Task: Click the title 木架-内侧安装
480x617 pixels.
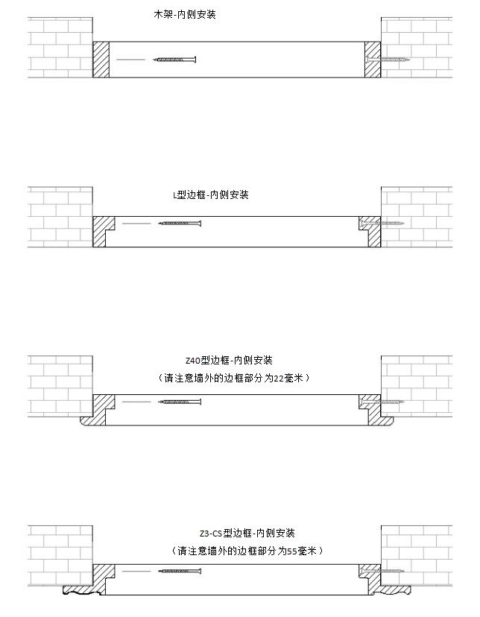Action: pos(185,15)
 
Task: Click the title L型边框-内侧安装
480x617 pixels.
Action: pos(211,194)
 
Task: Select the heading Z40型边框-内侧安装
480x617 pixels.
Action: pos(229,360)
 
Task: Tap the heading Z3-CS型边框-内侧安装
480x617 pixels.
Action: pos(247,533)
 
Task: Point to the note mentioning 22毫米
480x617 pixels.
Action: pos(233,378)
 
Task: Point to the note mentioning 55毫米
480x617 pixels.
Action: pos(247,551)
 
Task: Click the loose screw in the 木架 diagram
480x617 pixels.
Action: pos(174,60)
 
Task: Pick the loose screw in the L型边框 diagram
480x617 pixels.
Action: pos(180,224)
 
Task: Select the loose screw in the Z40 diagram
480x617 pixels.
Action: pos(180,402)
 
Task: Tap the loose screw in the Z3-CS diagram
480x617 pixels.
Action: pos(180,571)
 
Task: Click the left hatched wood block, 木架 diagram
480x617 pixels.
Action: pos(101,60)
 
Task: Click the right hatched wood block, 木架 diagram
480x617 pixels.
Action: pos(373,60)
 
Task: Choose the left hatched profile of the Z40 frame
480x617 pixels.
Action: pos(98,409)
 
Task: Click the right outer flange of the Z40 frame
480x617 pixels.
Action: pos(386,422)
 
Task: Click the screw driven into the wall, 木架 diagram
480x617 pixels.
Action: pos(388,60)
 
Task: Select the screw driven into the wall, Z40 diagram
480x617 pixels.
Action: pos(382,402)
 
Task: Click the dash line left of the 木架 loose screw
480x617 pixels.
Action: pos(130,60)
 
